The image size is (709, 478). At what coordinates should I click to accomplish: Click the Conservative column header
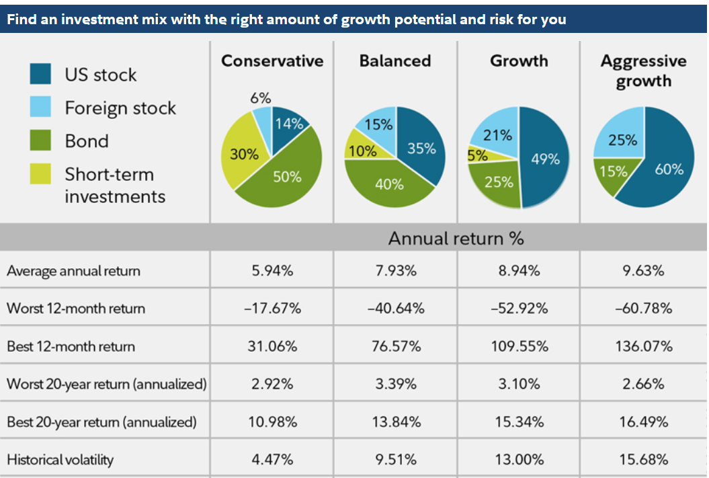point(272,61)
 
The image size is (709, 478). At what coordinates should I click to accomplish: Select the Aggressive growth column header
point(643,71)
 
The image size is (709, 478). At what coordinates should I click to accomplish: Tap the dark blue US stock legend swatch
point(40,74)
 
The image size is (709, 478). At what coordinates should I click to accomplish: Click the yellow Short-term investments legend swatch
point(40,174)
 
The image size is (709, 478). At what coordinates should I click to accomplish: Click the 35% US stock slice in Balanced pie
point(421,148)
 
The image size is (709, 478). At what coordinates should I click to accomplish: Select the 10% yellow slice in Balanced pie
point(362,151)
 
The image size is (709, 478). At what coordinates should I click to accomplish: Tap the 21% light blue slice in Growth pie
point(497,135)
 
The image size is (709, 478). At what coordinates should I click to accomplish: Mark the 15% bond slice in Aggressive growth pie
point(612,172)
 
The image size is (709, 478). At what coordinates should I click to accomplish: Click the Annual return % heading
point(456,238)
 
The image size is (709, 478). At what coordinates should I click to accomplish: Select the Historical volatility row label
point(60,460)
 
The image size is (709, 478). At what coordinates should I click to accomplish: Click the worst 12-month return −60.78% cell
point(642,309)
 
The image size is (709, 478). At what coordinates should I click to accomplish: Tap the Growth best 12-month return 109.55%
point(519,347)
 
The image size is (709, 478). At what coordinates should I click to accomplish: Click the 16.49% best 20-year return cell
point(642,422)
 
